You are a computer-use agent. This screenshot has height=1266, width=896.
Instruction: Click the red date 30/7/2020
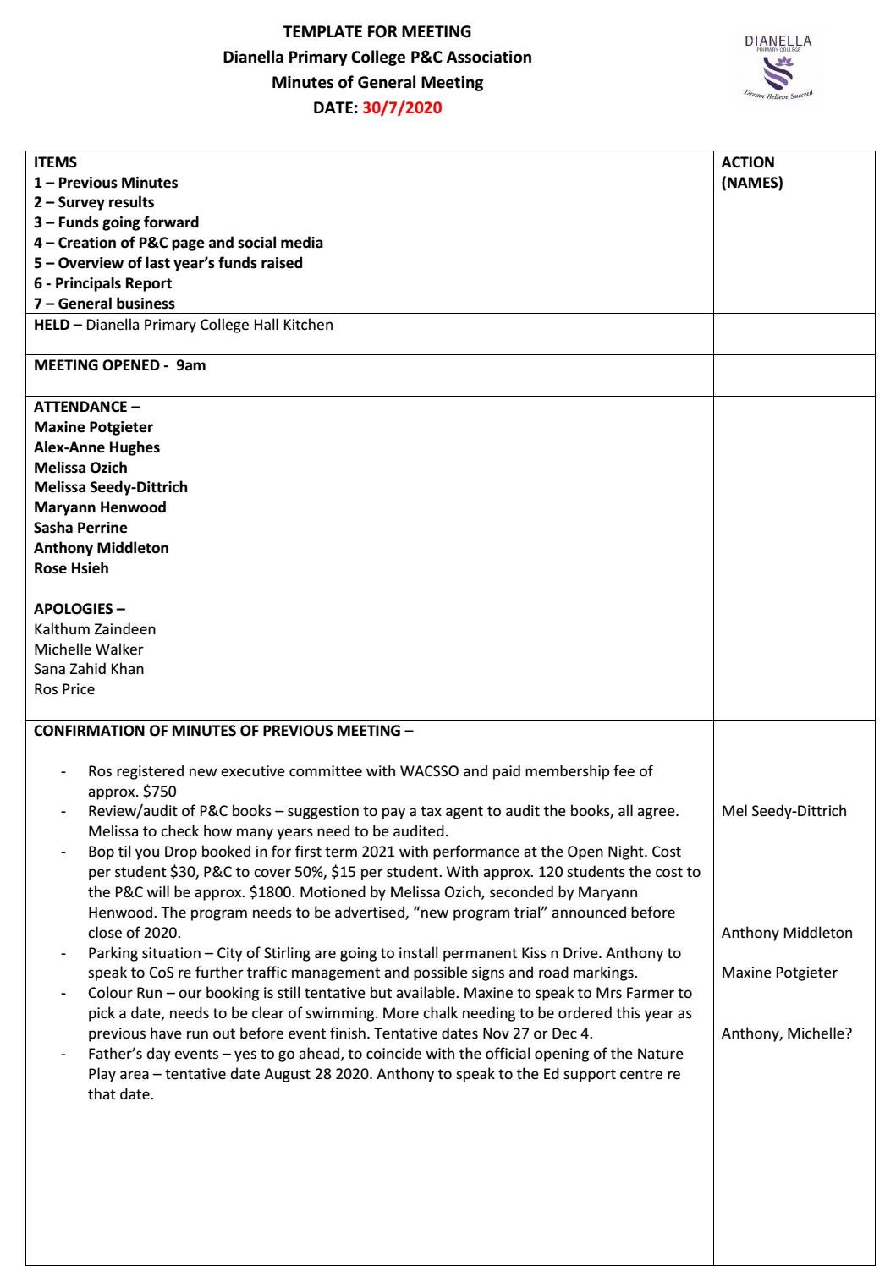(x=402, y=108)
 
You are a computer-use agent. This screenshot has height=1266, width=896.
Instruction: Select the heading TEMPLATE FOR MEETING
(x=377, y=32)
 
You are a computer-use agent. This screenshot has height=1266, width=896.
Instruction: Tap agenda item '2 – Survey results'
(x=94, y=202)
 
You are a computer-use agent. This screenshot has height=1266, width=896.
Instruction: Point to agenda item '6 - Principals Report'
(x=102, y=283)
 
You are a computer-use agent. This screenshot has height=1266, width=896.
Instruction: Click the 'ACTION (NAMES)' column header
(x=751, y=173)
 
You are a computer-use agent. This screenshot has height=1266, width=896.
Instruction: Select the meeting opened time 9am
(x=190, y=366)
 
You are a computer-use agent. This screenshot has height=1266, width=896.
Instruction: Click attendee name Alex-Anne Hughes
(x=96, y=447)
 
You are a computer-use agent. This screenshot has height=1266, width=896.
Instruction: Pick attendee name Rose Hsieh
(x=71, y=568)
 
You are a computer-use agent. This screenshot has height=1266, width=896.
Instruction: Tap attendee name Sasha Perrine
(x=80, y=528)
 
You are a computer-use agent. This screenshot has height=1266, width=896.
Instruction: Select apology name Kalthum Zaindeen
(x=95, y=629)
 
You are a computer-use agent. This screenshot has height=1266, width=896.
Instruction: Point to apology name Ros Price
(x=64, y=689)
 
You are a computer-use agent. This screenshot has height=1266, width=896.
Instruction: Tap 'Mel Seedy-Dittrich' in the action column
(x=783, y=811)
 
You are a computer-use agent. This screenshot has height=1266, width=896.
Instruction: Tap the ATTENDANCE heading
(x=81, y=407)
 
